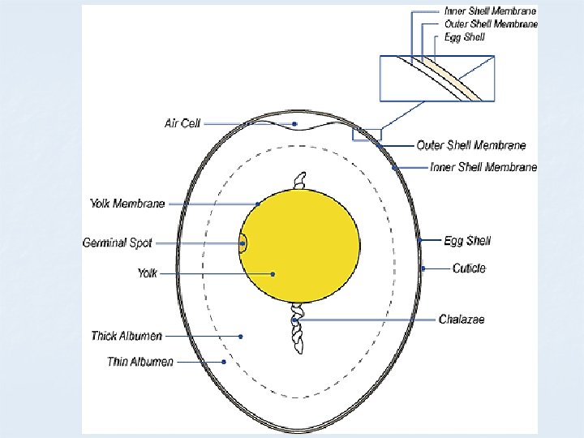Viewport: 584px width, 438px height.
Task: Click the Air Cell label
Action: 182,123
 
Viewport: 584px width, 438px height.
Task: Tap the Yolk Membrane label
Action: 127,203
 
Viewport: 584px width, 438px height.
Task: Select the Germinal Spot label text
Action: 118,243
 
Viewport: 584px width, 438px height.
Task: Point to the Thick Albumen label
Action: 127,336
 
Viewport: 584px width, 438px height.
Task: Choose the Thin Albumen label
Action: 140,361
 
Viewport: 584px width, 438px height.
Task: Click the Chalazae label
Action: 462,320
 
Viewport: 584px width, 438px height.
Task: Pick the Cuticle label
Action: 469,268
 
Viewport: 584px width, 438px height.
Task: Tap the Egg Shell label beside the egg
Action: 467,240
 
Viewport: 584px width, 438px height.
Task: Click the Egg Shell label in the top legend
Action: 466,36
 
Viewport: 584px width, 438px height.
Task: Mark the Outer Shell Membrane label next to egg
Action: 470,145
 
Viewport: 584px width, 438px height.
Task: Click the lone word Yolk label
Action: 147,273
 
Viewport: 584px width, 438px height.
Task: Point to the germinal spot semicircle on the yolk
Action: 243,243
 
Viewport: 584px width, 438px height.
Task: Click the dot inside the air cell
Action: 295,124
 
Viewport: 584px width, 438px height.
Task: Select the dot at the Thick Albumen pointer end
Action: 241,336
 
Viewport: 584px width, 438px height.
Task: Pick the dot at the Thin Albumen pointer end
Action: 224,361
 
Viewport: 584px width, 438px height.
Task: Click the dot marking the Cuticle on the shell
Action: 423,268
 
